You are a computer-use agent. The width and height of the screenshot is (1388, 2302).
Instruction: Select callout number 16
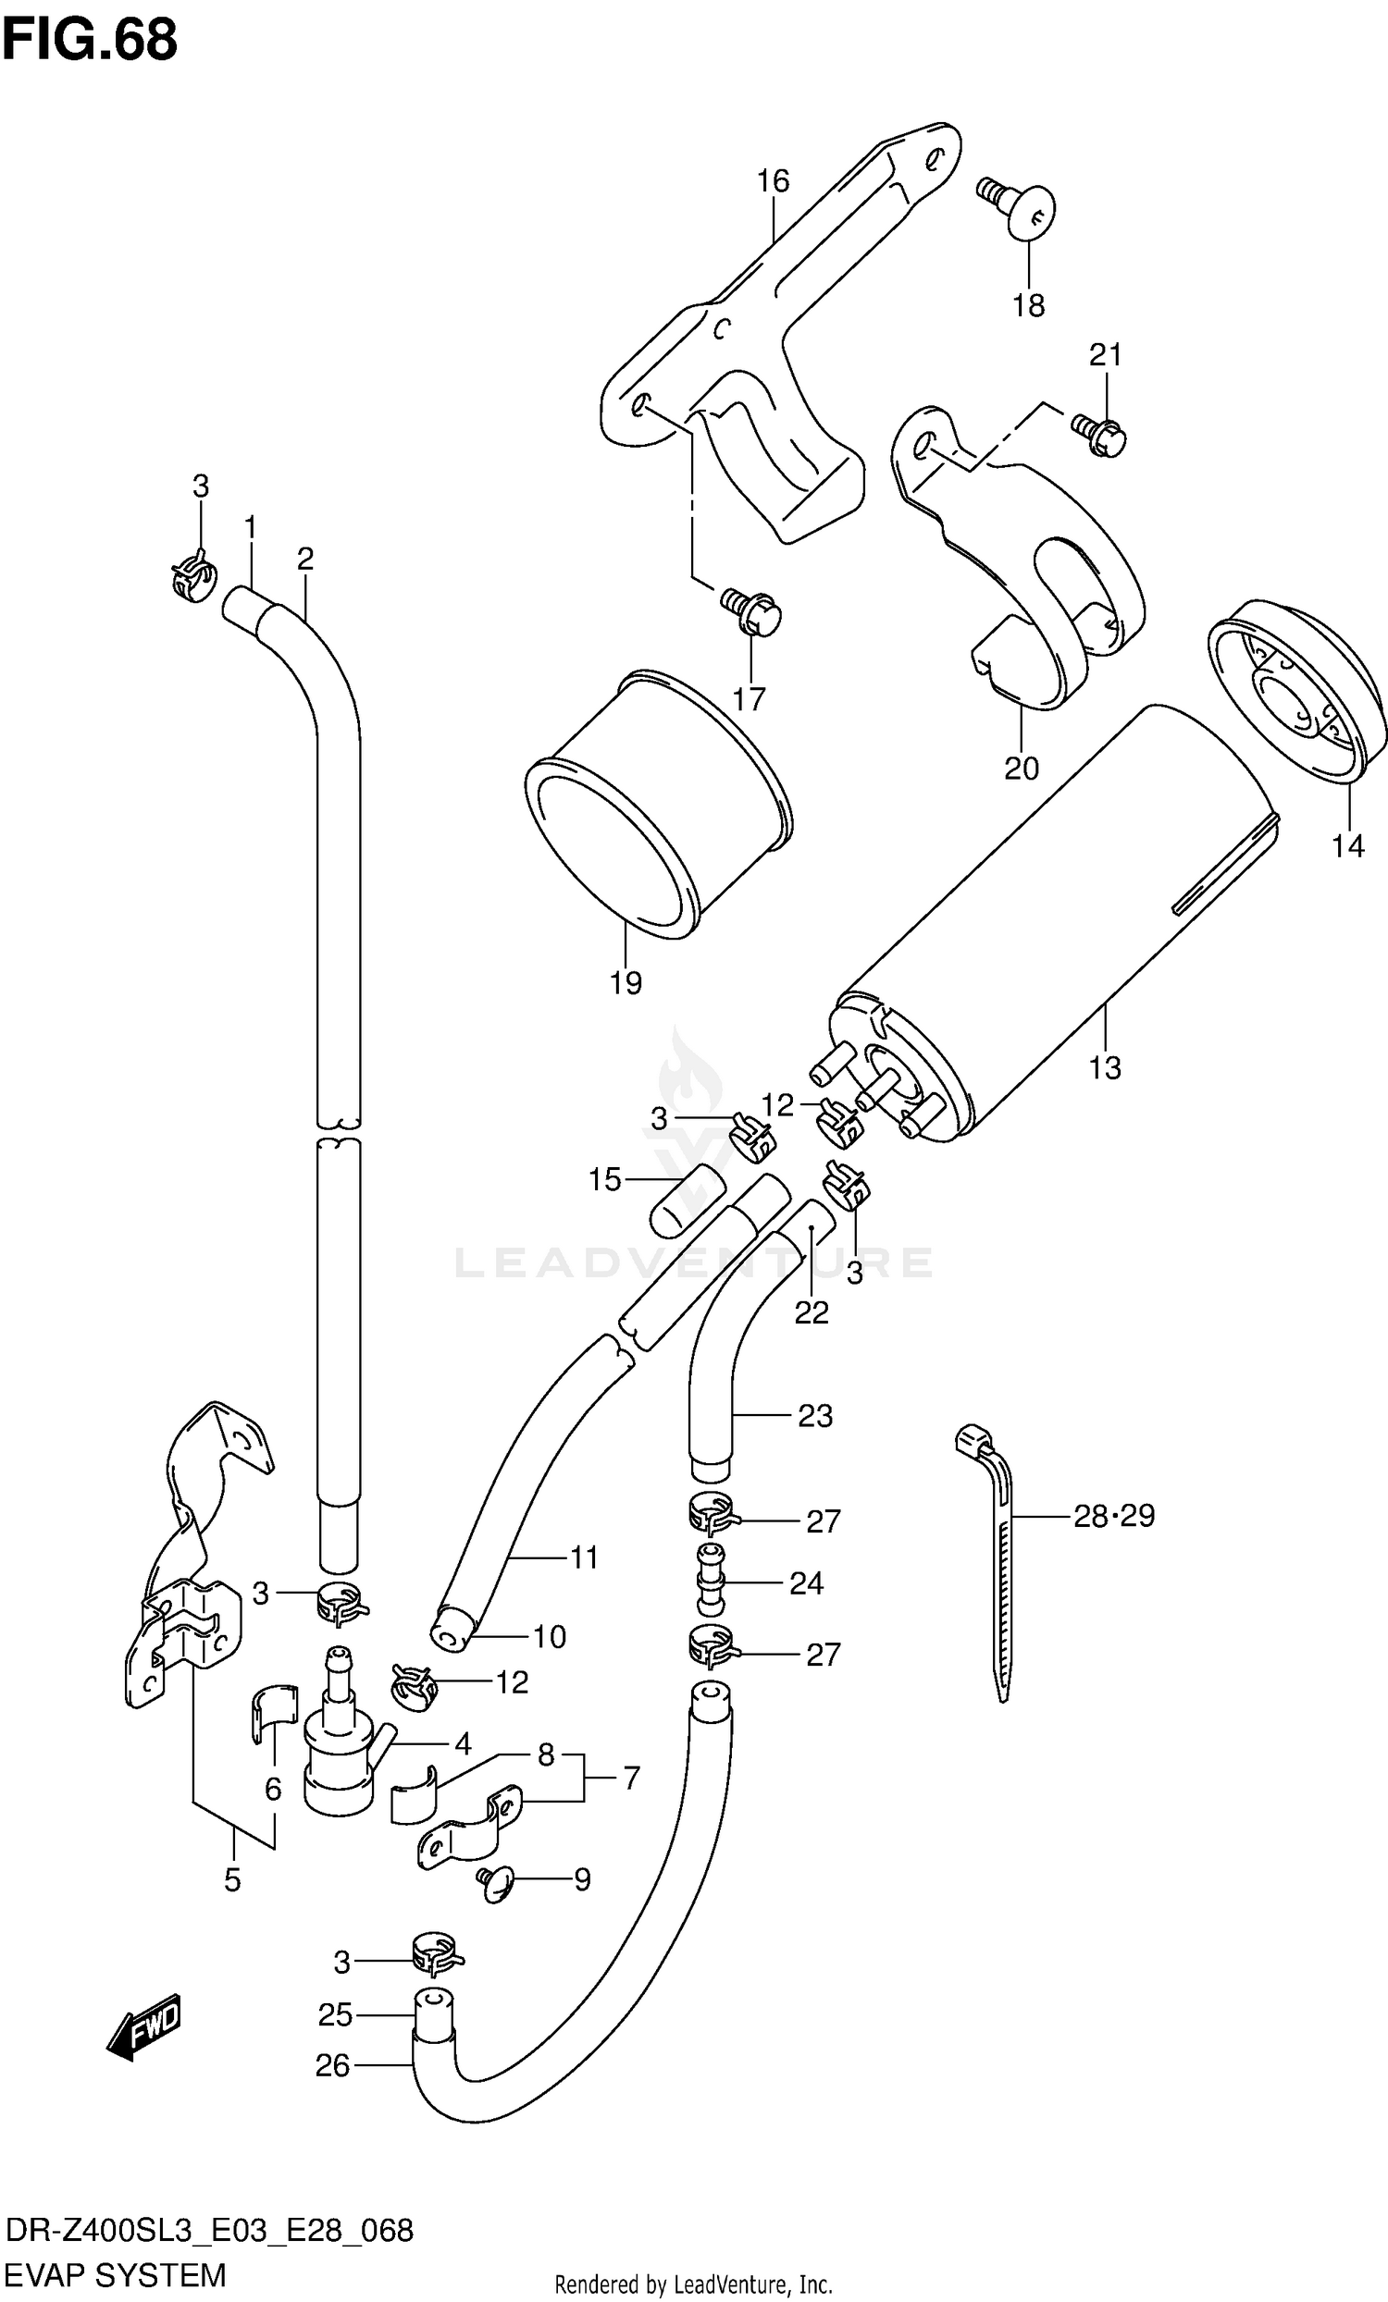click(x=773, y=180)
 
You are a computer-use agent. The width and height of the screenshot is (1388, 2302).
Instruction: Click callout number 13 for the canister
click(x=1104, y=1067)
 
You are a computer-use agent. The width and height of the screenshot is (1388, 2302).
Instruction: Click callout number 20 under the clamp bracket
click(x=1021, y=768)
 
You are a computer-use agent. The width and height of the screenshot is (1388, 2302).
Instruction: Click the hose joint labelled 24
click(x=711, y=1581)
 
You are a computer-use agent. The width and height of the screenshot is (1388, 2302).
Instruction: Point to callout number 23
click(x=814, y=1416)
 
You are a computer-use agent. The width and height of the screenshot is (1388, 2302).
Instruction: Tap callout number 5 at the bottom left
click(x=232, y=1879)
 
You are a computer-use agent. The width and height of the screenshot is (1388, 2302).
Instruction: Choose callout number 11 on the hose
click(x=584, y=1557)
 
